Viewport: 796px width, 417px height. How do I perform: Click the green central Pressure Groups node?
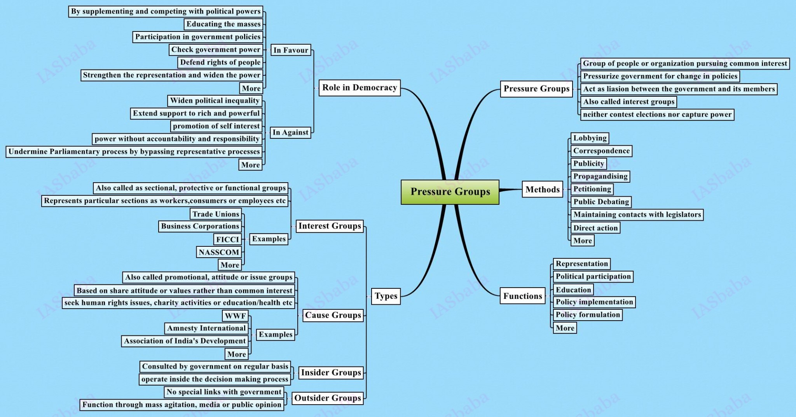point(450,192)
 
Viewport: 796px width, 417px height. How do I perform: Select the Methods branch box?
point(543,189)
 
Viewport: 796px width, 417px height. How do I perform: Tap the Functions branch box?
point(523,296)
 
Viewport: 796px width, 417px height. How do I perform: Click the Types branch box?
point(386,296)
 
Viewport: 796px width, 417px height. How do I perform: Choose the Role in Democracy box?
point(360,88)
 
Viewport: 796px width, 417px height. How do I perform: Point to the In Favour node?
point(291,50)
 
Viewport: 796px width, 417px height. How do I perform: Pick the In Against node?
point(290,133)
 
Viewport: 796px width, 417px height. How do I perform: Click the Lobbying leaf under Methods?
point(590,138)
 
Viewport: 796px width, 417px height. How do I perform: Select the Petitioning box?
point(592,189)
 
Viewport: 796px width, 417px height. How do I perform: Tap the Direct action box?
point(595,228)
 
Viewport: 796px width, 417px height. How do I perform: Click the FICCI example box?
point(227,239)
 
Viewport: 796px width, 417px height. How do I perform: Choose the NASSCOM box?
point(219,252)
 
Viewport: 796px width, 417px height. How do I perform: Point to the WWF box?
point(235,316)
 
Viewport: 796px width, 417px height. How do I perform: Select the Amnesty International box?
point(206,328)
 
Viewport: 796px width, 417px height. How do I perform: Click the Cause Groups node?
point(333,315)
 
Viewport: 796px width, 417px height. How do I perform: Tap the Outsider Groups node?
point(328,398)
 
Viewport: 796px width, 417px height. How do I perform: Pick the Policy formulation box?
point(588,315)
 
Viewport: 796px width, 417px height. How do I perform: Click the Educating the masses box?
point(223,24)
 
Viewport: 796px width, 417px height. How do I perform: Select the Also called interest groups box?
point(628,102)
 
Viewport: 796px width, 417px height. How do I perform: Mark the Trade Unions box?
point(216,214)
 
